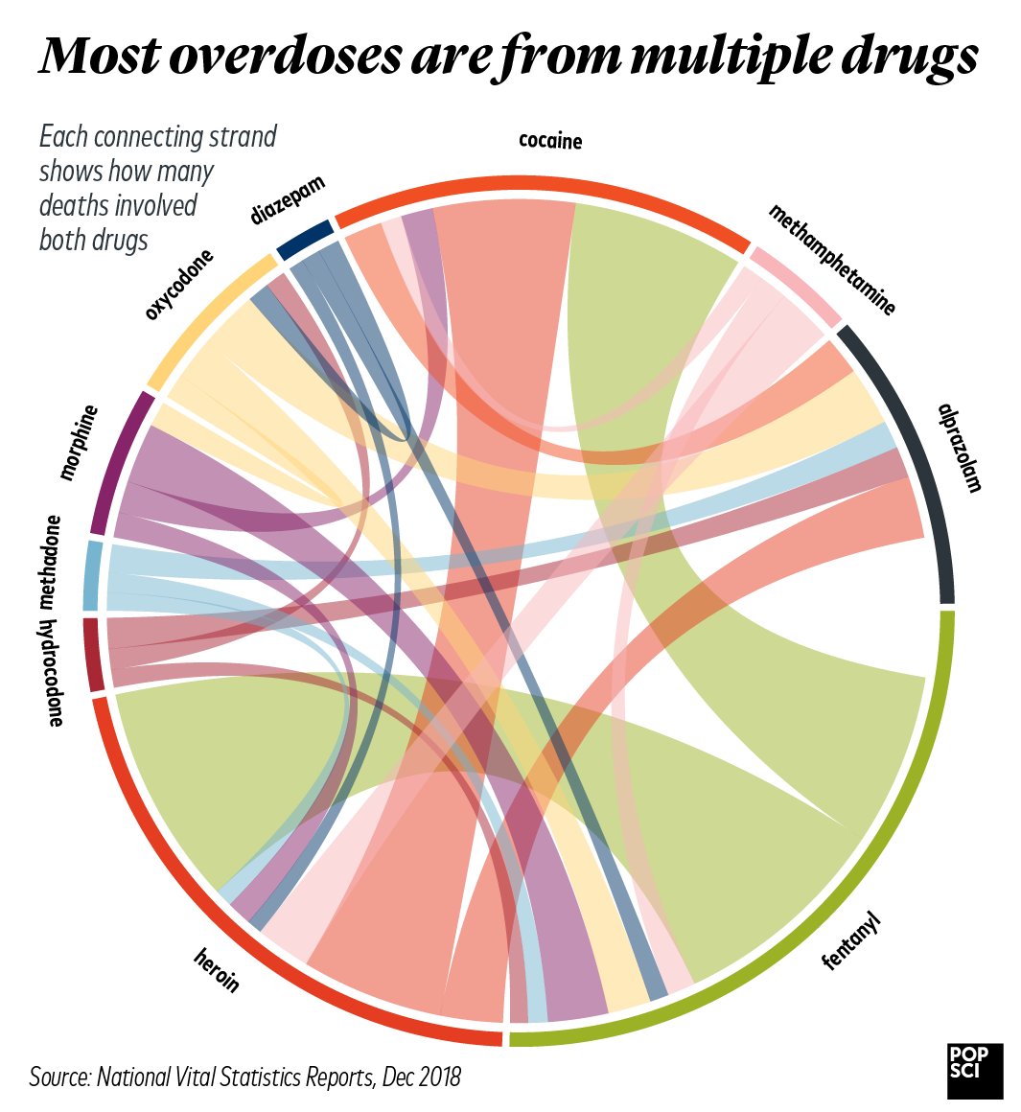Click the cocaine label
pos(550,141)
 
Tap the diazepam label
pos(288,199)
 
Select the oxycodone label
pos(179,285)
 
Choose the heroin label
pos(216,969)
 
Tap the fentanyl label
pos(851,942)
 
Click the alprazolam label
pos(961,447)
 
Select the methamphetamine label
pos(832,260)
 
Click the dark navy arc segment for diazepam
pos(305,240)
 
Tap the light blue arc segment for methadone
pos(91,575)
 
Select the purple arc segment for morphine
pos(121,461)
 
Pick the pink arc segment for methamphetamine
pos(795,285)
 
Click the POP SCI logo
pos(974,1070)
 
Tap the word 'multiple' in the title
pos(731,58)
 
